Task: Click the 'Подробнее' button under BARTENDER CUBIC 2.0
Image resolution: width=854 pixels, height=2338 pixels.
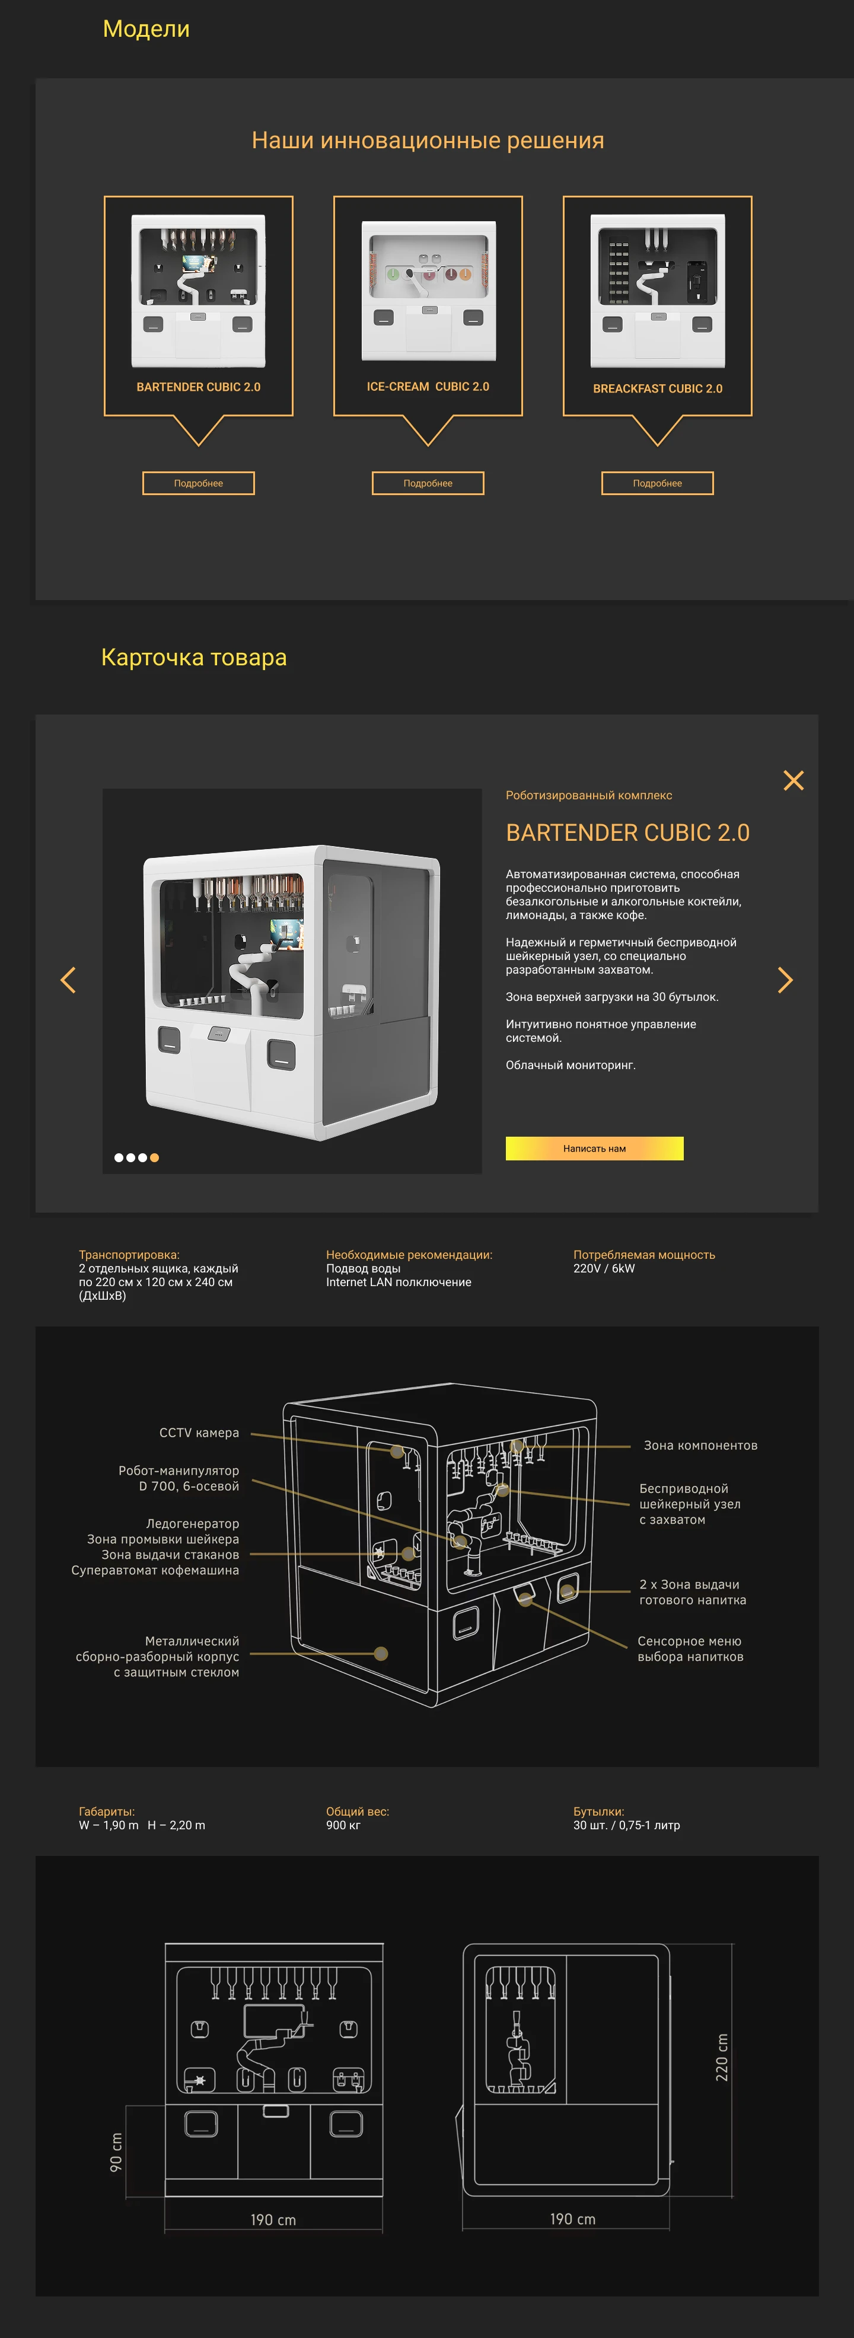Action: click(x=198, y=483)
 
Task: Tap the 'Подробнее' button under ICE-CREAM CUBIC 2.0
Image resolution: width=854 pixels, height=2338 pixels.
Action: click(x=428, y=483)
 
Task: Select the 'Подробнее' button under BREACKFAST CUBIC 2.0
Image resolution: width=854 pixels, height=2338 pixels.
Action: click(x=657, y=483)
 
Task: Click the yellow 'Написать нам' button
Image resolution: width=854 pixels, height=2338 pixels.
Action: click(x=594, y=1148)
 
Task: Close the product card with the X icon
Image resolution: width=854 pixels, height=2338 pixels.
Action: click(x=793, y=780)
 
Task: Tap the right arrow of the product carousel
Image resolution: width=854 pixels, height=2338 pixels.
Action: click(x=785, y=980)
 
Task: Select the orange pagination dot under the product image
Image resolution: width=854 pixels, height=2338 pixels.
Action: click(x=154, y=1157)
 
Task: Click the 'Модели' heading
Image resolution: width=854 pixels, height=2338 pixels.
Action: click(x=146, y=29)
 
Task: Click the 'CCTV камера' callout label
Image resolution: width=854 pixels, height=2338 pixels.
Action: click(x=199, y=1432)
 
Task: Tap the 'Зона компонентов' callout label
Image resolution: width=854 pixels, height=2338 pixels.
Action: click(x=700, y=1445)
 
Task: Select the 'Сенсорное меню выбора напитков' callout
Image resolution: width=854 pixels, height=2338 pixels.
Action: click(x=690, y=1648)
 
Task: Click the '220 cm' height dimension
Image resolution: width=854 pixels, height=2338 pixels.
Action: click(x=722, y=2056)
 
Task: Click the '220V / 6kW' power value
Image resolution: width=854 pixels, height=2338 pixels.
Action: click(x=604, y=1268)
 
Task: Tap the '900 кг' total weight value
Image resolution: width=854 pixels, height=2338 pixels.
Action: click(x=343, y=1825)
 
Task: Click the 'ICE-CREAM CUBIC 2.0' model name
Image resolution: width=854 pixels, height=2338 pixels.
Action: click(x=428, y=387)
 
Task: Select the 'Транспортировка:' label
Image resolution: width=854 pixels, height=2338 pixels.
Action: click(x=129, y=1254)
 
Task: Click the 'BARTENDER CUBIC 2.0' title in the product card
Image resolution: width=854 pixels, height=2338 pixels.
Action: click(x=627, y=833)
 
